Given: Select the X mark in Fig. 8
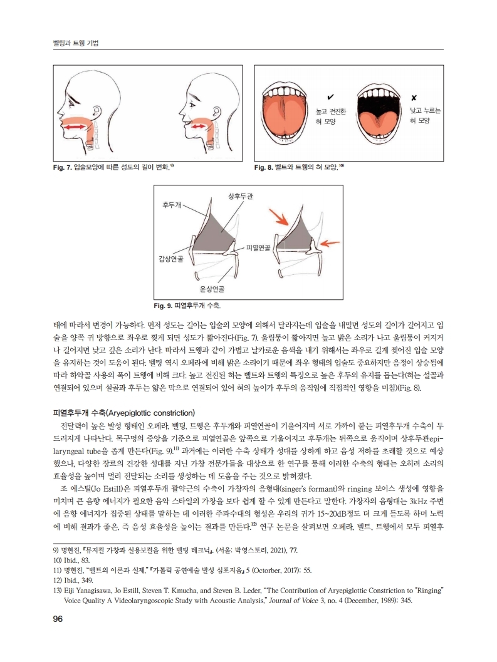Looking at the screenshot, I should [414, 98].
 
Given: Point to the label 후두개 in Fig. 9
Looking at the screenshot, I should [171, 205].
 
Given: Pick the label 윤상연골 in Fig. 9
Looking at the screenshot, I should [212, 289].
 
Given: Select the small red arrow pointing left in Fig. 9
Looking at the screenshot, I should [332, 242].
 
